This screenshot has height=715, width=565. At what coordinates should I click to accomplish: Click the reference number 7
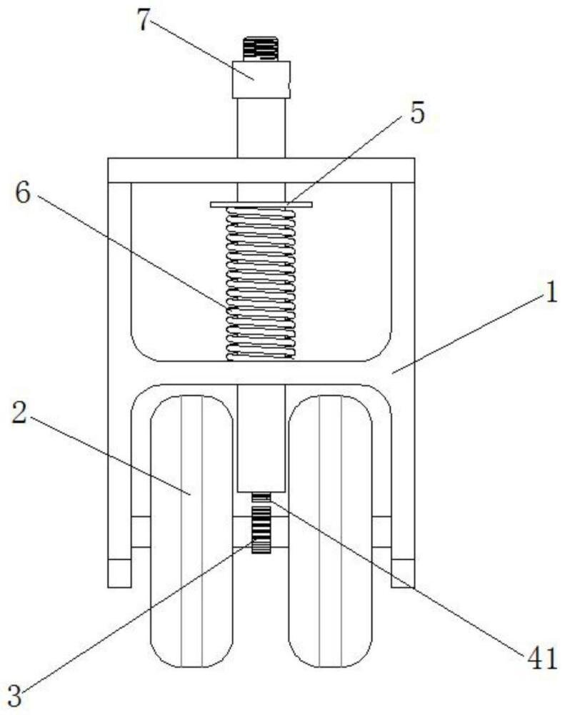point(145,21)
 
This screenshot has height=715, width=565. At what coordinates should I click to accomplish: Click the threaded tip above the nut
point(260,49)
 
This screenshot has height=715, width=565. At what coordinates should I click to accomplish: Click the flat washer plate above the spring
point(261,204)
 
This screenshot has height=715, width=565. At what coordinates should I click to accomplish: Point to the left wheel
point(191,529)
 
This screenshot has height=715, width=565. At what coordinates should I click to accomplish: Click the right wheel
point(330,529)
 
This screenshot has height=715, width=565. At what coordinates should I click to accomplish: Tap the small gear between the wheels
point(261,528)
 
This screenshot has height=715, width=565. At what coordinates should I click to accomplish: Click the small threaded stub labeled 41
point(261,497)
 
